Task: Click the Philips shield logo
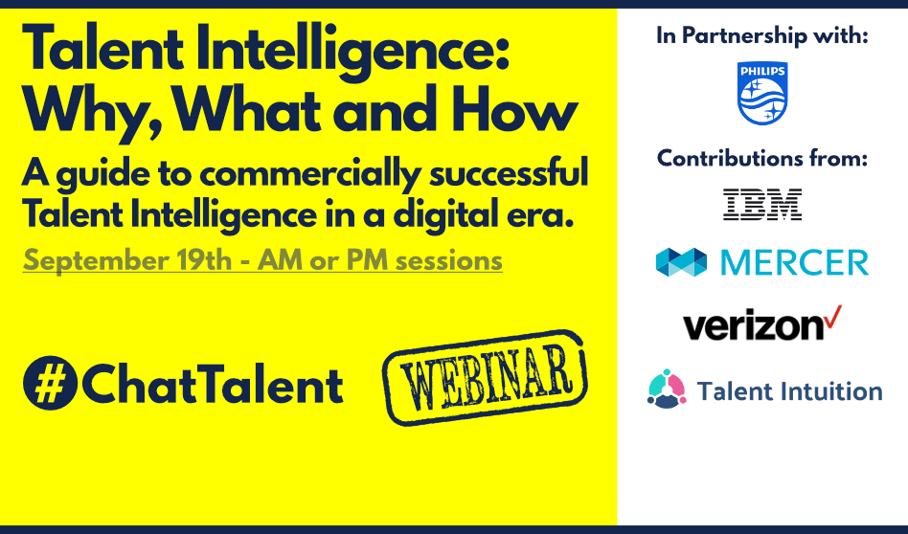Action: [762, 93]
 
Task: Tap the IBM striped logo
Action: [762, 204]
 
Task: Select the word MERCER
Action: [795, 262]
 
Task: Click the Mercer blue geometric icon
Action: [681, 262]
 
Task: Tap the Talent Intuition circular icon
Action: [667, 389]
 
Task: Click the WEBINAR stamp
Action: [485, 377]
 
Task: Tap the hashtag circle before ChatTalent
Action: [50, 383]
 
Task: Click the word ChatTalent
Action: [213, 384]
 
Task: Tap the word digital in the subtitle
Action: [443, 215]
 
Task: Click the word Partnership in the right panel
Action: [744, 35]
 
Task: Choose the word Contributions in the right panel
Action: [726, 158]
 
